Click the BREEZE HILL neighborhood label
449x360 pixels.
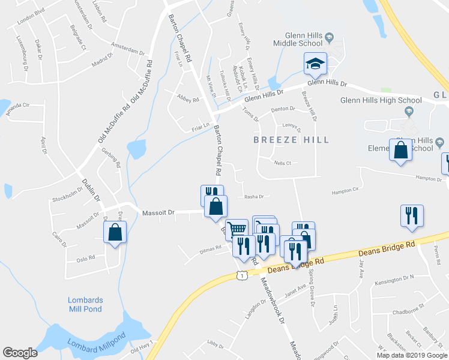291,140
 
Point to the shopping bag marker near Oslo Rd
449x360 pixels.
115,233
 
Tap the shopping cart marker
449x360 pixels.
237,229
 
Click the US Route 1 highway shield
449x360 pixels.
241,275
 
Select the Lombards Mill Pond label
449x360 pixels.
85,304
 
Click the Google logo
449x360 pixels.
20,353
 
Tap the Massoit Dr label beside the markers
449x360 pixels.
158,212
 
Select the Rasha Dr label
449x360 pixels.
253,196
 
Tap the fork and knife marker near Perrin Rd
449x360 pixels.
412,217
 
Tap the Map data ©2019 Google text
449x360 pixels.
412,355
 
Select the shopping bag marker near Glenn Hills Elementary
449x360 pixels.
400,151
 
